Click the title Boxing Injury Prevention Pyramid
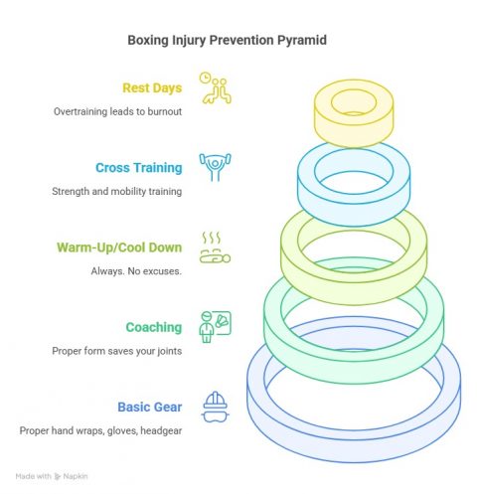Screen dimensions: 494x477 coord(238,41)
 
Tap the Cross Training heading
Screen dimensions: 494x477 coord(138,168)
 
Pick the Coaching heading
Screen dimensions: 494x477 coord(153,327)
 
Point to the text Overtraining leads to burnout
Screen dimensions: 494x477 coord(117,111)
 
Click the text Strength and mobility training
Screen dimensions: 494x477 coord(117,191)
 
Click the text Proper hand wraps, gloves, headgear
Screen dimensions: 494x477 coord(100,429)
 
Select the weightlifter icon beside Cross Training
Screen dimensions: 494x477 coord(214,166)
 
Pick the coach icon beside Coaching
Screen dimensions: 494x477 coord(215,326)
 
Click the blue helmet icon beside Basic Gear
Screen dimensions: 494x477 coord(214,406)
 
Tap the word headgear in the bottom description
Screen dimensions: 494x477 coord(161,429)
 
